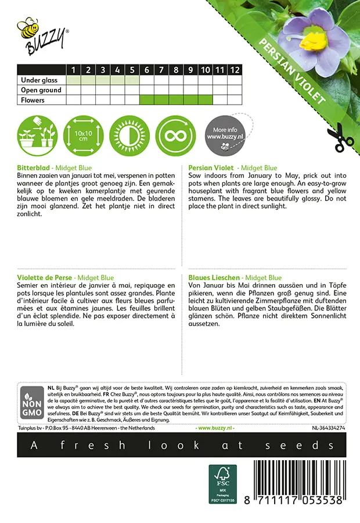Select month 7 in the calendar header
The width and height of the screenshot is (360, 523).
click(162, 70)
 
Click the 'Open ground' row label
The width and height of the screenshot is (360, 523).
click(41, 90)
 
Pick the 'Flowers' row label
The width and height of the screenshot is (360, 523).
click(33, 100)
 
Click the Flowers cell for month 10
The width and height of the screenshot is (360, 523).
click(206, 100)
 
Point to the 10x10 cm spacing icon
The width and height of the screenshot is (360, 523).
click(83, 135)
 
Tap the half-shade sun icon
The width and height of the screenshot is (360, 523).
click(129, 135)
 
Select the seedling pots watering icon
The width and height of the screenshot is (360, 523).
click(37, 135)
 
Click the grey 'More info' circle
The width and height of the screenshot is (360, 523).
click(222, 135)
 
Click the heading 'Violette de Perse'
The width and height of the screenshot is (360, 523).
click(45, 278)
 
